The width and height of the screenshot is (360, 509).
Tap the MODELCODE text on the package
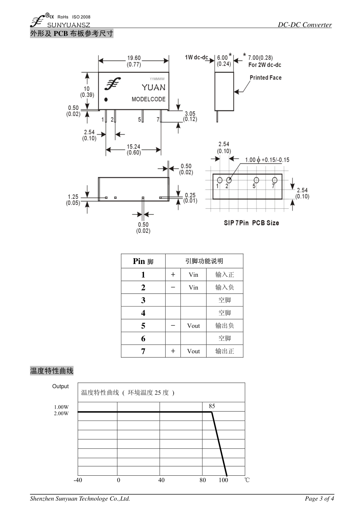click(149, 99)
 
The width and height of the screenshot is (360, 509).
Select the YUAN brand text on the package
click(153, 87)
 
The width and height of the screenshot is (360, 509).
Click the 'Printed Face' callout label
click(265, 78)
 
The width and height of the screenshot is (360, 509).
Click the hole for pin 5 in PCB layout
click(257, 180)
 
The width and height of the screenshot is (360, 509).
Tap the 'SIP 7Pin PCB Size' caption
click(251, 223)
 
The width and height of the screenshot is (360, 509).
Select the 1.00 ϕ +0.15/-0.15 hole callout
click(267, 160)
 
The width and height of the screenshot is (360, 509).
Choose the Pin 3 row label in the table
click(143, 300)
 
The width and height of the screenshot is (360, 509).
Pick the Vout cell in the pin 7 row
click(193, 351)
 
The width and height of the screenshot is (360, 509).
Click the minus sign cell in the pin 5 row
click(173, 325)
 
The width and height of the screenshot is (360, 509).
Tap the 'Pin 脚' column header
click(143, 261)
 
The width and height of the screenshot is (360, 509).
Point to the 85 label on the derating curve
click(212, 406)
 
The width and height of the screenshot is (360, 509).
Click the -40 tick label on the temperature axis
click(78, 480)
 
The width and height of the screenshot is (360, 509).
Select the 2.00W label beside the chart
click(61, 413)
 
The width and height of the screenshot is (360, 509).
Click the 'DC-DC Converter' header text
click(305, 25)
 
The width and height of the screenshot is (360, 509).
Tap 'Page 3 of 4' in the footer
click(319, 498)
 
